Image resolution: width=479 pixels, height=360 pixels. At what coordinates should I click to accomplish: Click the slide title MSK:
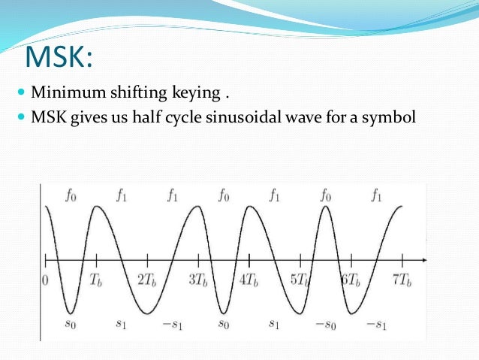coord(59,58)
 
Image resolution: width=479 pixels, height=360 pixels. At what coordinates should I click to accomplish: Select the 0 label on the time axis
coord(46,280)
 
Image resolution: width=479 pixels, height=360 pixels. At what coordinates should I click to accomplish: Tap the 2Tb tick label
coord(148,280)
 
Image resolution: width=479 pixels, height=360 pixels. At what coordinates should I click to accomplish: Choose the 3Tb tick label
coord(199,280)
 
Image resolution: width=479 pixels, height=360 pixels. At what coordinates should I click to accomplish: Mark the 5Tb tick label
coord(301,280)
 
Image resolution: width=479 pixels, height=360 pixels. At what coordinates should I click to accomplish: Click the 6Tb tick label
coord(351,280)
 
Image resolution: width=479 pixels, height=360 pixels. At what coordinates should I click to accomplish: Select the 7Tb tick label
coord(402,280)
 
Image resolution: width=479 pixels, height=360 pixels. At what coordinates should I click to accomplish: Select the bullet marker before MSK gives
coord(20,118)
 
